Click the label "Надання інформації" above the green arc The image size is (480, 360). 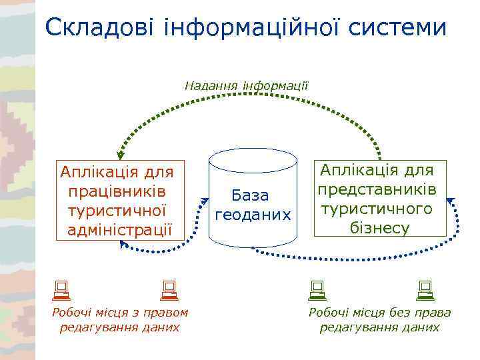click(246, 85)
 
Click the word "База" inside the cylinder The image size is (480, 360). click(250, 196)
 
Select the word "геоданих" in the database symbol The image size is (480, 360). click(252, 215)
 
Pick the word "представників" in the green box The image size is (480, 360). click(377, 190)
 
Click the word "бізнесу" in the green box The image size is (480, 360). click(379, 228)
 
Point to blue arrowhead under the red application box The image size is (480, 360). click(123, 245)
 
